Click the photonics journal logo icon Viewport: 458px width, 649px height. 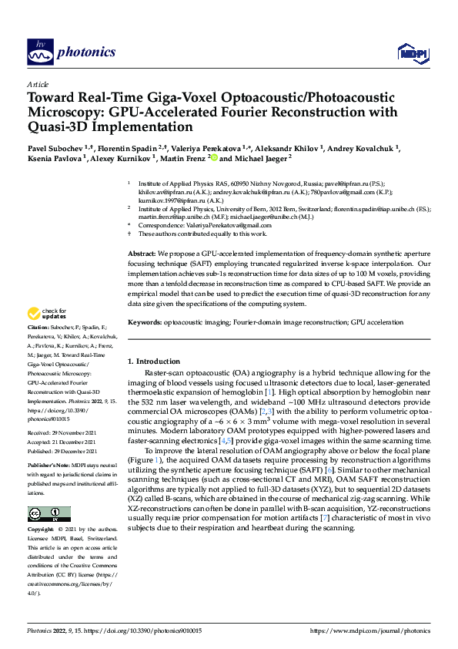point(39,51)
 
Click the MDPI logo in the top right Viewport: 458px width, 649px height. point(411,52)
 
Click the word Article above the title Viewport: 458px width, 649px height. point(38,84)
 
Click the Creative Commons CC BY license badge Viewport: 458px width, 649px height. point(49,513)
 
